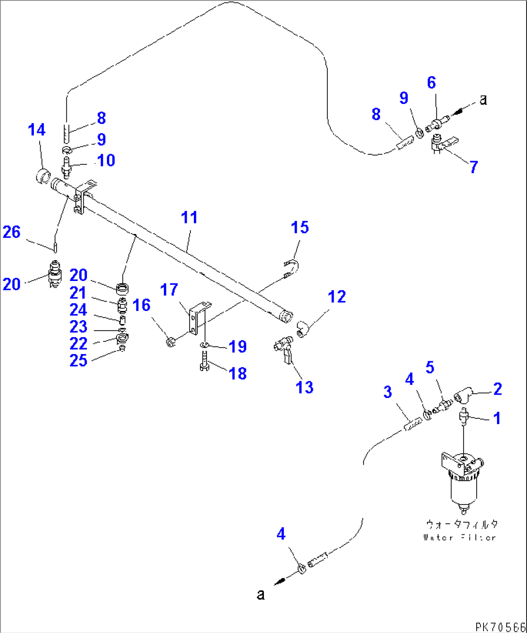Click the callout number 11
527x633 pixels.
pyautogui.click(x=190, y=218)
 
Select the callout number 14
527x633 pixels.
pyautogui.click(x=37, y=130)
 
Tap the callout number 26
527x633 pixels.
pyautogui.click(x=12, y=233)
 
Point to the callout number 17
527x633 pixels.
pyautogui.click(x=169, y=290)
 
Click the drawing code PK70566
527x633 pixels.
pyautogui.click(x=500, y=627)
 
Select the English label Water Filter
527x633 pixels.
pyautogui.click(x=459, y=537)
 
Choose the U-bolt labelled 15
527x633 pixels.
pyautogui.click(x=291, y=269)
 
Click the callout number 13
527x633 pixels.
pyautogui.click(x=305, y=387)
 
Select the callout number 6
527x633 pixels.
pyautogui.click(x=431, y=83)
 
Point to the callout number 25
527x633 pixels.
pyautogui.click(x=78, y=360)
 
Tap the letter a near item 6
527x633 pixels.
pyautogui.click(x=483, y=100)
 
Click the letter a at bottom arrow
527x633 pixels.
pyautogui.click(x=261, y=594)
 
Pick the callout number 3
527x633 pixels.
pyautogui.click(x=387, y=392)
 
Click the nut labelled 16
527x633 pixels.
pyautogui.click(x=170, y=342)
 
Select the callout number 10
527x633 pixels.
pyautogui.click(x=106, y=160)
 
